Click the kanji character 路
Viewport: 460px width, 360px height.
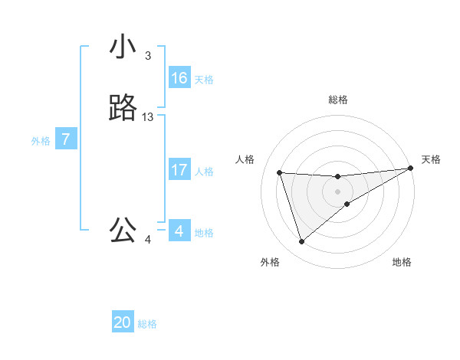[123, 108]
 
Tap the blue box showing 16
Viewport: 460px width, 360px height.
[179, 78]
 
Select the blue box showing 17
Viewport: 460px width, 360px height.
[179, 170]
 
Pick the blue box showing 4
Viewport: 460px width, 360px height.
[179, 231]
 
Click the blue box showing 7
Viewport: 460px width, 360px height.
[66, 139]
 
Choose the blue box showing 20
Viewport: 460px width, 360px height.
[123, 322]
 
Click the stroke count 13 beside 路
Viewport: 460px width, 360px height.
[148, 117]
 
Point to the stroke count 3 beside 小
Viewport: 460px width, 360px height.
[148, 56]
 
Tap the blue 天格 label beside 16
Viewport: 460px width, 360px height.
[204, 80]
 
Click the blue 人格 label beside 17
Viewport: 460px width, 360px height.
[204, 172]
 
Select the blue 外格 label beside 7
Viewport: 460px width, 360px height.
[40, 141]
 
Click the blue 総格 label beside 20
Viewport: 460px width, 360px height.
[147, 324]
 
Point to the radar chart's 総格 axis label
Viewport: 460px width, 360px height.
[338, 100]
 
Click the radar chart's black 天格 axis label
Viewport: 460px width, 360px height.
[431, 159]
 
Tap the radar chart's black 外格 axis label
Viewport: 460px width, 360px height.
[270, 262]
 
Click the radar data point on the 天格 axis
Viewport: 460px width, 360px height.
[410, 169]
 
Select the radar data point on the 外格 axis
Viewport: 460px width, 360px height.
[301, 242]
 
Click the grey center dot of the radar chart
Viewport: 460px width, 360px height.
[338, 191]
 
